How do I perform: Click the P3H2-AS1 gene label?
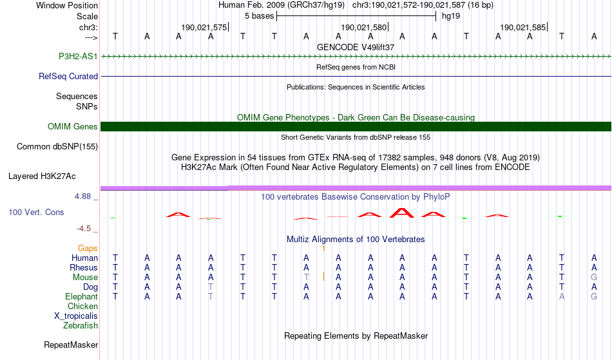[x=78, y=56]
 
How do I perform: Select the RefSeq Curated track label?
[x=68, y=76]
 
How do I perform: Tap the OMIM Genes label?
[x=73, y=126]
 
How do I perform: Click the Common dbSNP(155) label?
[x=57, y=147]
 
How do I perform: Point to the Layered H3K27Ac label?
[x=42, y=176]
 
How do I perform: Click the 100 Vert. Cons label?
[x=36, y=212]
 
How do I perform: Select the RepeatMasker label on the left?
[x=71, y=345]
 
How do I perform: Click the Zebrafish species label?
[x=81, y=325]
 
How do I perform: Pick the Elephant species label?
[x=82, y=296]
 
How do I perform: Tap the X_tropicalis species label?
[x=76, y=316]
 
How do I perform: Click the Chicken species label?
[x=82, y=306]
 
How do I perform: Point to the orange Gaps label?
[x=88, y=248]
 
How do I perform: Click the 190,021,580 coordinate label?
[x=364, y=27]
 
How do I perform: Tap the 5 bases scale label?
[x=260, y=16]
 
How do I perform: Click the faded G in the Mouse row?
[x=594, y=278]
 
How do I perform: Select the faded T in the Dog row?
[x=211, y=287]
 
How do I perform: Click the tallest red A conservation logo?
[x=402, y=213]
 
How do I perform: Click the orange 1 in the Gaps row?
[x=323, y=248]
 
